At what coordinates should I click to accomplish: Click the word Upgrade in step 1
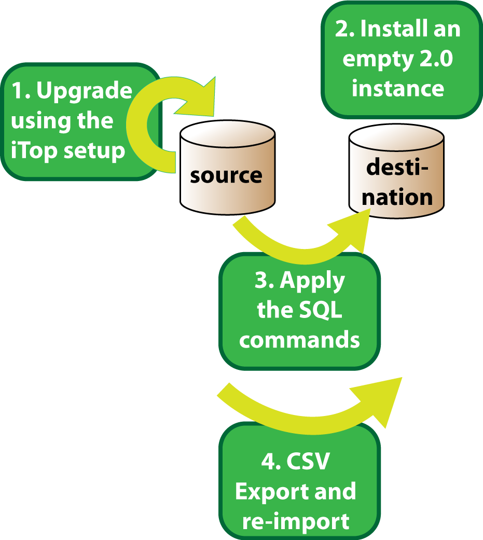coord(84,91)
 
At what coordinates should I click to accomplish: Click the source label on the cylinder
coord(226,175)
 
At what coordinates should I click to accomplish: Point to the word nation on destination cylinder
coord(396,197)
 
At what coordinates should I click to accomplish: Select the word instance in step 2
coord(398,88)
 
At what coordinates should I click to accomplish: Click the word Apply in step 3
coord(312,281)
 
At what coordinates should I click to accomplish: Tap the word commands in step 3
coord(299,340)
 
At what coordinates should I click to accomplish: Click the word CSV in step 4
coord(310,462)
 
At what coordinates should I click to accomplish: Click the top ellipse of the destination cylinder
coord(396,136)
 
